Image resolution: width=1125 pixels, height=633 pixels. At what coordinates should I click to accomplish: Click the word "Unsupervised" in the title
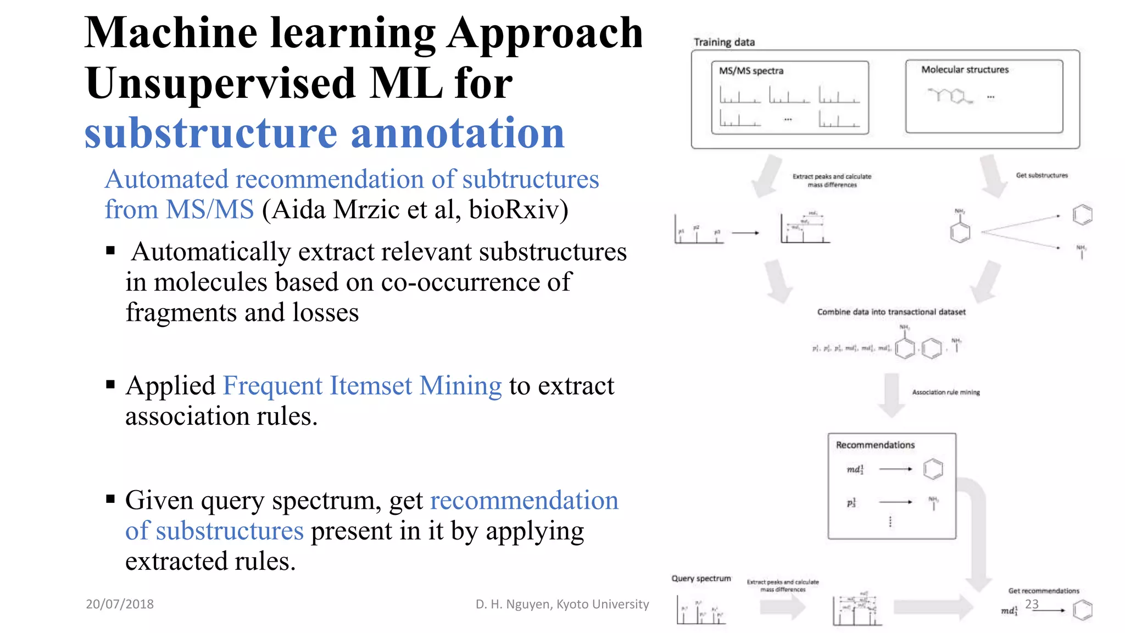220,84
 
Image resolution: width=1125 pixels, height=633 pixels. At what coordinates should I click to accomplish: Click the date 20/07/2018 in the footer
120,604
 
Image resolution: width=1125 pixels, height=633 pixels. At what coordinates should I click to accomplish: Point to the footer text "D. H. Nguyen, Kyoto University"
562,604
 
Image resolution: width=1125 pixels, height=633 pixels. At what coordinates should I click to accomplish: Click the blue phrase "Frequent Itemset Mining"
362,386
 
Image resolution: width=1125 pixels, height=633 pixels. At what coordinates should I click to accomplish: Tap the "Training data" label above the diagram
724,42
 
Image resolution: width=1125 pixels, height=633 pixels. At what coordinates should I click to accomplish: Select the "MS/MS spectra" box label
751,71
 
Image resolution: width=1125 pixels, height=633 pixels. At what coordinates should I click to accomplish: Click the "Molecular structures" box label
965,70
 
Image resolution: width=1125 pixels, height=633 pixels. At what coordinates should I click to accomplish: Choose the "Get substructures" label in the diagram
1042,175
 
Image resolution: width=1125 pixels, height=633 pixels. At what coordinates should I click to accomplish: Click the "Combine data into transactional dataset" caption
891,312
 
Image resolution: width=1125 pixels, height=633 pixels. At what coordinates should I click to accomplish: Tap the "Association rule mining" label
945,392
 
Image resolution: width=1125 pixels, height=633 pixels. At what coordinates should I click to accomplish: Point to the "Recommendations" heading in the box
875,445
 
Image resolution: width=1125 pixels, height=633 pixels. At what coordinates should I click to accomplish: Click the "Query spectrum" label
701,579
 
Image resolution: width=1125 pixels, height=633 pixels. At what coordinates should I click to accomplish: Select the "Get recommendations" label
1043,591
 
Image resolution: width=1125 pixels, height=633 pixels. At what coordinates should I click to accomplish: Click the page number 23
1032,604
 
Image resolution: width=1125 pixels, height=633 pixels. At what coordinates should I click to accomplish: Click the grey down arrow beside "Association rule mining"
891,395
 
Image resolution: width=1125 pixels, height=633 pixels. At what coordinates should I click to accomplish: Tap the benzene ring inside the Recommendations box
933,469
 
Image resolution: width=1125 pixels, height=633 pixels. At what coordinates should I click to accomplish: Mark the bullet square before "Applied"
110,385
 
